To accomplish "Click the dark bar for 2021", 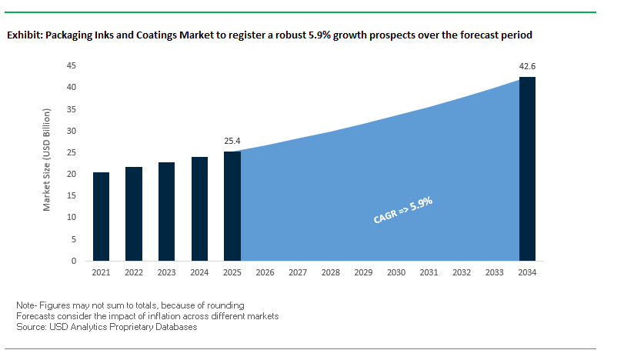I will point(101,217).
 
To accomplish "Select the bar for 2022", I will point(133,214).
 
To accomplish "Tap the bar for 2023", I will point(166,212).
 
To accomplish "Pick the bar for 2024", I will point(199,209).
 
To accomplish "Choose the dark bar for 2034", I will point(527,169).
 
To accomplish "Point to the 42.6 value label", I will point(527,67).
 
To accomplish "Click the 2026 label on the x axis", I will point(265,273).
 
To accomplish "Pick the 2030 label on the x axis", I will point(396,273).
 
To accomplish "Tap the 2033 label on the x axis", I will point(495,273).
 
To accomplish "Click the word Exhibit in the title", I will point(22,35).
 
